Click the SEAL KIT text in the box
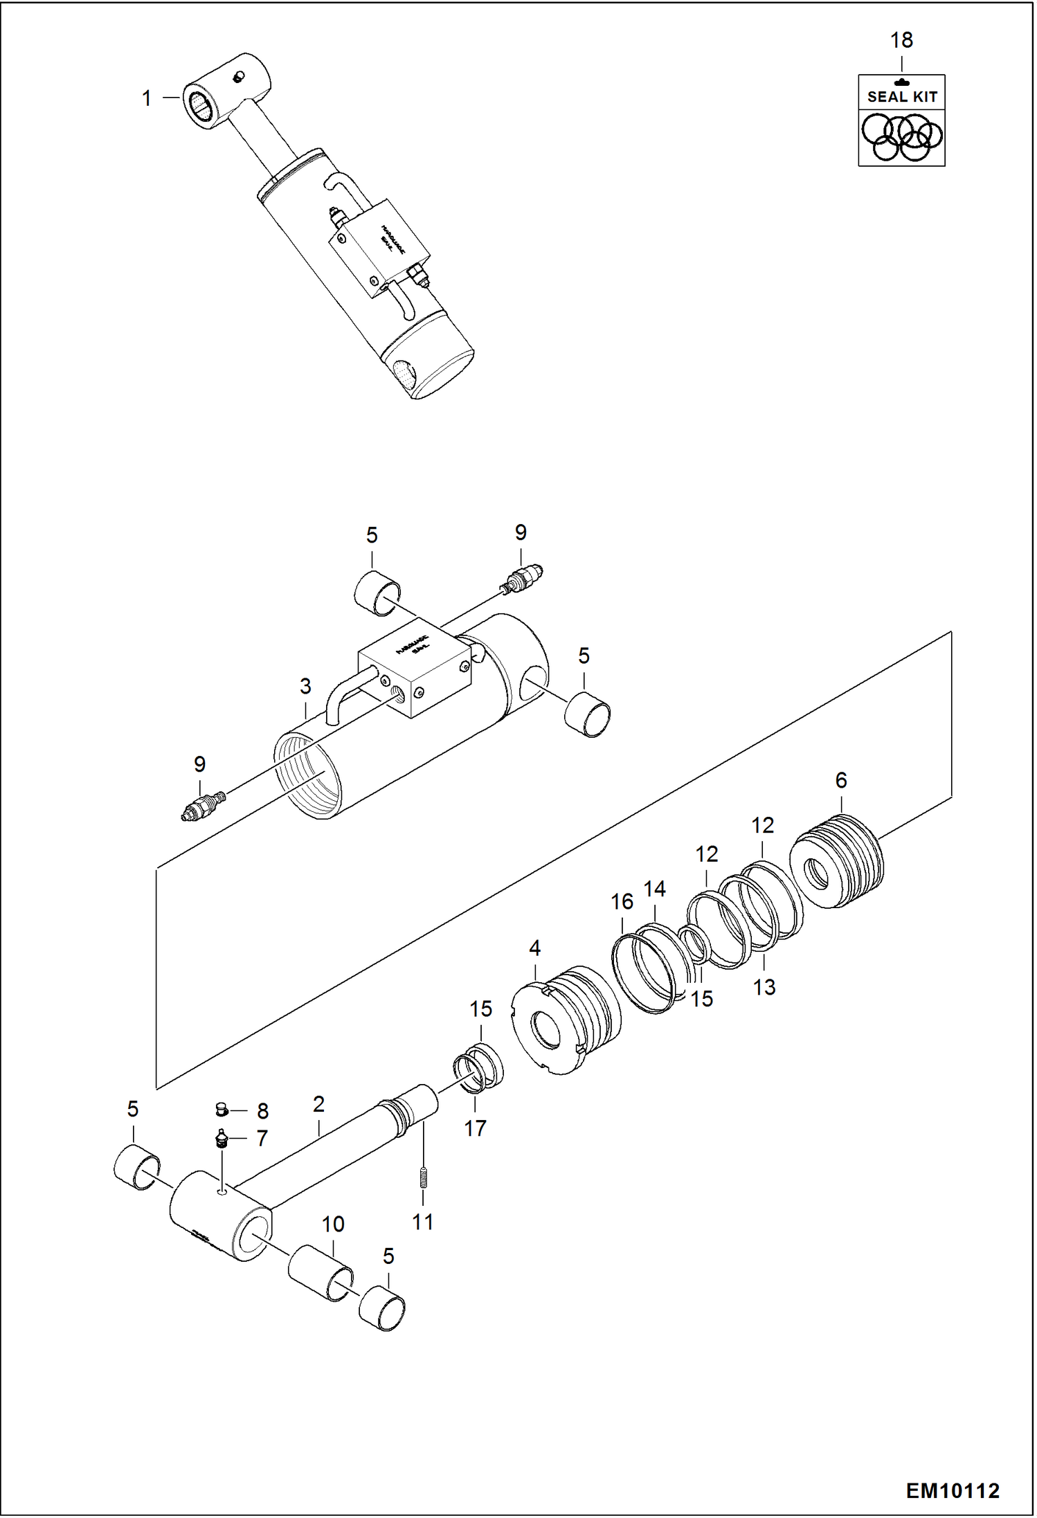pos(902,97)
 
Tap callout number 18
pos(901,40)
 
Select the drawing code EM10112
pos(953,1490)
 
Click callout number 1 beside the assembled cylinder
pos(147,98)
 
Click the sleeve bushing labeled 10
pos(319,1273)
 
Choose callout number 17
pos(475,1128)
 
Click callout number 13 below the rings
pos(764,987)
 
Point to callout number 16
pos(622,902)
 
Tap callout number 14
pos(655,889)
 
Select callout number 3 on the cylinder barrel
pos(305,686)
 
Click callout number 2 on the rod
pos(318,1104)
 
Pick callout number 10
pos(333,1224)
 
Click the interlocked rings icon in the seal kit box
pos(901,137)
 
